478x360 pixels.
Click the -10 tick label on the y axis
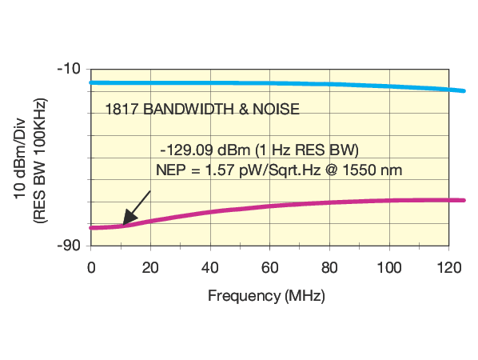click(69, 68)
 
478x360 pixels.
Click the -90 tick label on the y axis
click(69, 245)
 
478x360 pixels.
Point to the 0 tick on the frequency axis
click(90, 266)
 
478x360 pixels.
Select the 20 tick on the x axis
click(149, 266)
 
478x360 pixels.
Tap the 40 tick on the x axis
click(209, 266)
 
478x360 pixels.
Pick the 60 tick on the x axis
click(269, 266)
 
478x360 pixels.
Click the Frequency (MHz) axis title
click(266, 295)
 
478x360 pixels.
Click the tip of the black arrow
click(122, 225)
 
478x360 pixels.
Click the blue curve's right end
click(464, 90)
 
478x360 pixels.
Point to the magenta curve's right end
click(464, 200)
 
